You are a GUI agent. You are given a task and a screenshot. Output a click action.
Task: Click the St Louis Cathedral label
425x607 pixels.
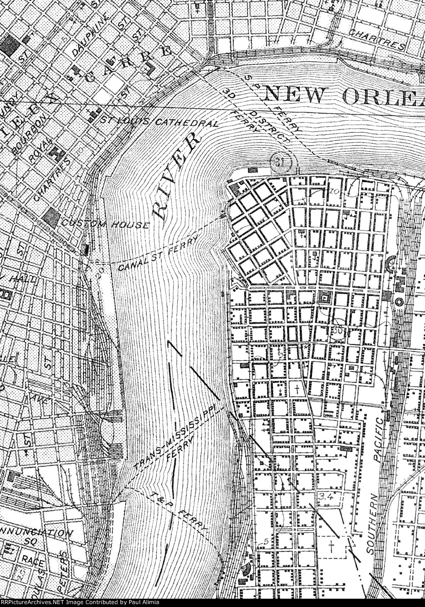coord(160,122)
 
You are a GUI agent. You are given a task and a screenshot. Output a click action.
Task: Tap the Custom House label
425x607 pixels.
coord(105,224)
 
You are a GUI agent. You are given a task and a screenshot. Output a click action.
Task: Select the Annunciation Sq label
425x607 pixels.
coord(37,537)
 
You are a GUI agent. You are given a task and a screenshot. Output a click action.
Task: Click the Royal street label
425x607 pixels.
coord(41,149)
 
